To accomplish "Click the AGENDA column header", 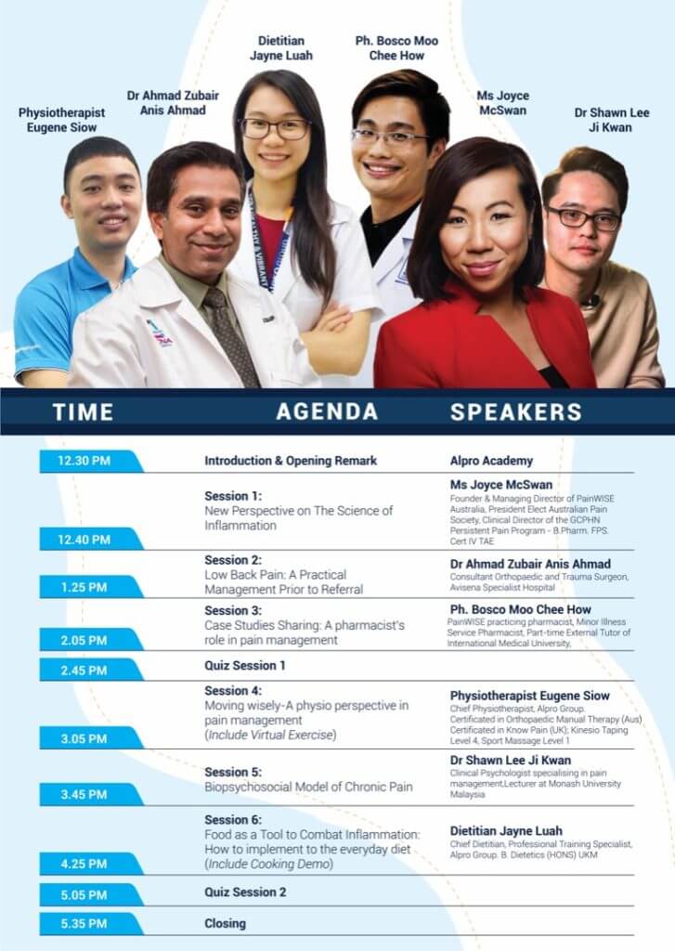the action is (x=327, y=411).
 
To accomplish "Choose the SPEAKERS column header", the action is (x=516, y=411).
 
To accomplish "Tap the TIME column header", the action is (x=83, y=411).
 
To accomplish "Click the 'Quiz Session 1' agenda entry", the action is (x=245, y=665).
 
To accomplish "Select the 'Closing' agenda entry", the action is (x=225, y=924).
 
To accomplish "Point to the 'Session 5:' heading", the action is (x=233, y=772).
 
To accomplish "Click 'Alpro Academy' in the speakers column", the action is (x=491, y=461).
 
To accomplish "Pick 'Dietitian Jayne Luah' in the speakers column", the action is (x=506, y=831).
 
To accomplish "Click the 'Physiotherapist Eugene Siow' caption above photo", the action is (x=61, y=120).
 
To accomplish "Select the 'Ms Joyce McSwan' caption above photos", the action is (x=502, y=102).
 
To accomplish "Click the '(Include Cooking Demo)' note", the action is (x=268, y=864).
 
